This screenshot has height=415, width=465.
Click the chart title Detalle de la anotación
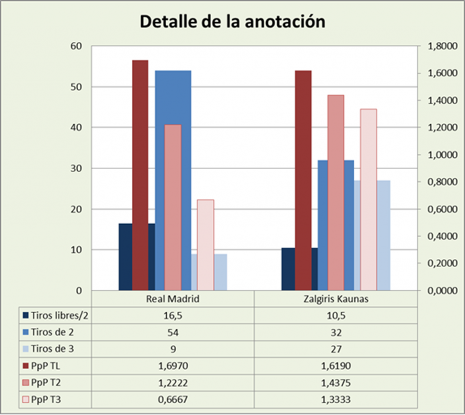(x=232, y=21)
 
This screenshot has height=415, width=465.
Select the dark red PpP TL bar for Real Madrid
(x=140, y=175)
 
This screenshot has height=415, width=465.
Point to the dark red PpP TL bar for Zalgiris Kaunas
(x=303, y=180)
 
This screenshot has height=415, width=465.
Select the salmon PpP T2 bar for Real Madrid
(x=173, y=207)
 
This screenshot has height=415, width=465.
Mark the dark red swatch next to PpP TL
(x=25, y=365)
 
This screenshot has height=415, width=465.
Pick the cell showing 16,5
(x=173, y=315)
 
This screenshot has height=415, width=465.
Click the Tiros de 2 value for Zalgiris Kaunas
(x=336, y=332)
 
